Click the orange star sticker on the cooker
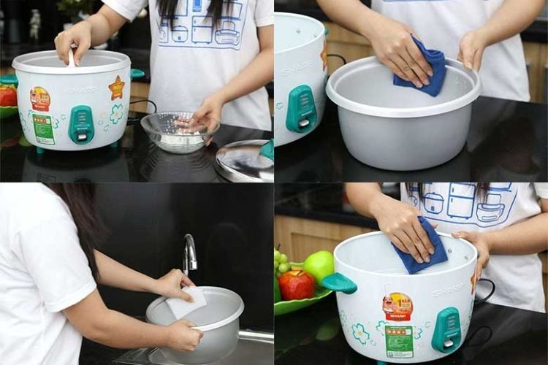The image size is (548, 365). click(x=116, y=88)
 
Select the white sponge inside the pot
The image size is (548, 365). click(x=187, y=302)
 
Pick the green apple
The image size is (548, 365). click(x=319, y=266)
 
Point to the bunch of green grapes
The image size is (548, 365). click(x=281, y=263)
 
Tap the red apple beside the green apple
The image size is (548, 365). click(x=297, y=285)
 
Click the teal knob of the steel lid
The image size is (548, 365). click(x=267, y=150)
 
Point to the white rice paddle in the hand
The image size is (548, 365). click(x=71, y=59)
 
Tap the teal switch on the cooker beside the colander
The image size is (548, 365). click(x=81, y=124)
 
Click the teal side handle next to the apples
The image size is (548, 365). click(x=340, y=283)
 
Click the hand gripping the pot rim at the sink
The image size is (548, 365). click(x=180, y=335)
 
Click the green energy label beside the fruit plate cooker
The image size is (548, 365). click(x=399, y=342)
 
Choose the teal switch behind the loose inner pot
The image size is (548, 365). click(x=301, y=109)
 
